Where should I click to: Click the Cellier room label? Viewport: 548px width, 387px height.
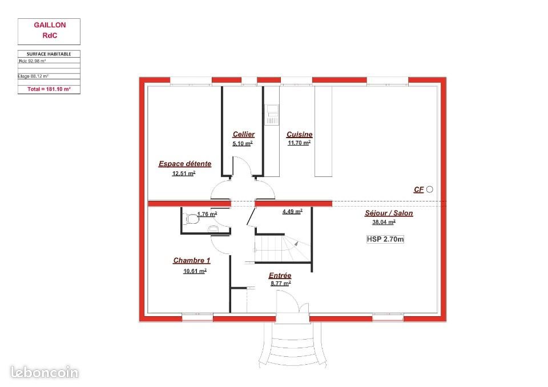(x=244, y=134)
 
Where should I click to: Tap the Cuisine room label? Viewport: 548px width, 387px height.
(x=300, y=134)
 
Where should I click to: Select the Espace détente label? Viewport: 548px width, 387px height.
(x=184, y=164)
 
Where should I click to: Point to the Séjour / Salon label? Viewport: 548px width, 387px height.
(x=389, y=213)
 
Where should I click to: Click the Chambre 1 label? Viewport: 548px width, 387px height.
(x=192, y=260)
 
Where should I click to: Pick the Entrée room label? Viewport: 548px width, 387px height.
(x=280, y=275)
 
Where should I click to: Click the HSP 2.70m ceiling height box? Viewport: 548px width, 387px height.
(x=385, y=239)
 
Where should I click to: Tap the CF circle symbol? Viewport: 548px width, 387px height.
(x=430, y=189)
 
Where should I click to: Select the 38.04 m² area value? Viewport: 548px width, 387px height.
(x=384, y=223)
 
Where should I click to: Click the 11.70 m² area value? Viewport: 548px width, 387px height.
(x=299, y=143)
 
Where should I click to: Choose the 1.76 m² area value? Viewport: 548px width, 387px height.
(x=207, y=214)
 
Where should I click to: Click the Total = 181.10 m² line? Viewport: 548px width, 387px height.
(x=49, y=89)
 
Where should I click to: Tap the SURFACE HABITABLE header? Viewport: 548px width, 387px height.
(x=49, y=54)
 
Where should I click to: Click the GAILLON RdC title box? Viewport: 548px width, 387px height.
(x=49, y=31)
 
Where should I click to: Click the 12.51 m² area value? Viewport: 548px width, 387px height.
(x=184, y=173)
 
